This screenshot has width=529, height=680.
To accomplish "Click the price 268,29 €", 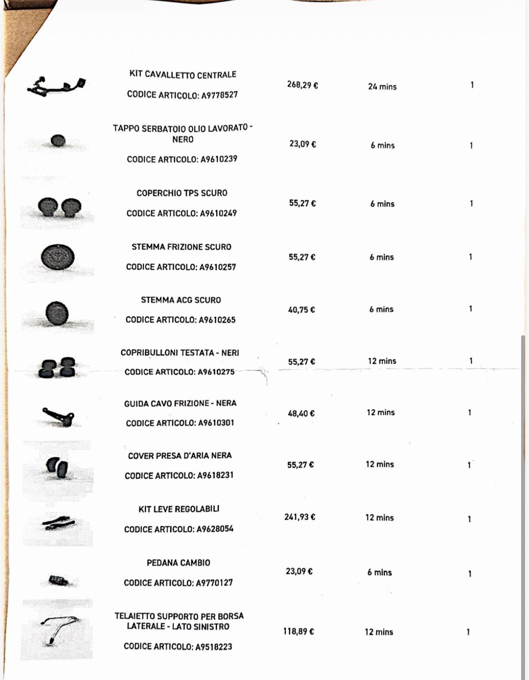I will coord(302,85).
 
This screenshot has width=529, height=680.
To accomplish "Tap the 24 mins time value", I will coord(382,86).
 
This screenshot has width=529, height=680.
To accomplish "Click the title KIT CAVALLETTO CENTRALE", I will coord(182,75).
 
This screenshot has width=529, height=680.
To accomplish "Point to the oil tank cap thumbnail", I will coord(58,141).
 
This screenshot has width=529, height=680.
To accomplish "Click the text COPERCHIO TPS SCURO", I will coord(182,193).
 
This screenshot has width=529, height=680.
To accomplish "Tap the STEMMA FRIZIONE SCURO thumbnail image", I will coord(57,258).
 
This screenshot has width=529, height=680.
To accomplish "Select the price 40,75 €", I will coord(301,310).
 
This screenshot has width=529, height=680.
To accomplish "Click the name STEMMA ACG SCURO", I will coord(181,300).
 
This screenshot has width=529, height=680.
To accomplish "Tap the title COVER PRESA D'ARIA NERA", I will coord(180,456).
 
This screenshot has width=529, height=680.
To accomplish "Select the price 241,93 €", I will coord(300,517).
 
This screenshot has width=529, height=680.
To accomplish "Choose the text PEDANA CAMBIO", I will coord(179,562).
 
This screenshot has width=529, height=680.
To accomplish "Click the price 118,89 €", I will coord(298,631).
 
